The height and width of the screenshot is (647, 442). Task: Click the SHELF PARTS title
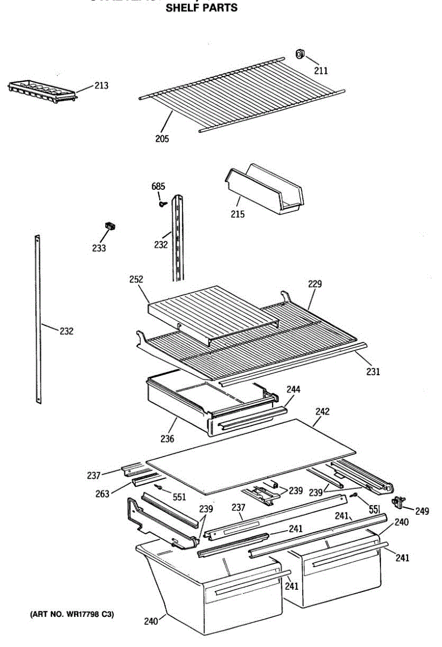point(201,8)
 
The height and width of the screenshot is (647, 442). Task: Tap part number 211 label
point(321,71)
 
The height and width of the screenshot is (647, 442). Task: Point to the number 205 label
point(162,139)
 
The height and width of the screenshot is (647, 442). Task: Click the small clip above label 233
point(111,226)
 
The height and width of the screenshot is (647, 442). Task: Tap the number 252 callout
point(136,279)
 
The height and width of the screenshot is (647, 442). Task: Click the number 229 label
point(315,284)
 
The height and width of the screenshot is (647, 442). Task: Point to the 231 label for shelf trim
point(373,371)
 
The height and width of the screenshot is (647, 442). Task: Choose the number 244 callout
point(294,389)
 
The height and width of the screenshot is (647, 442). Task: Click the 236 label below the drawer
point(167,439)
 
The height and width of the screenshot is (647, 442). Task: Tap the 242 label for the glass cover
point(322,411)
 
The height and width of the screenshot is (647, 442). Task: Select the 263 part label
point(103,493)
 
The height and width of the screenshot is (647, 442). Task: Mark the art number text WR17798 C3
point(72,614)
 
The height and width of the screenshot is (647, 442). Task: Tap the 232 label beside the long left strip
point(66,331)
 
